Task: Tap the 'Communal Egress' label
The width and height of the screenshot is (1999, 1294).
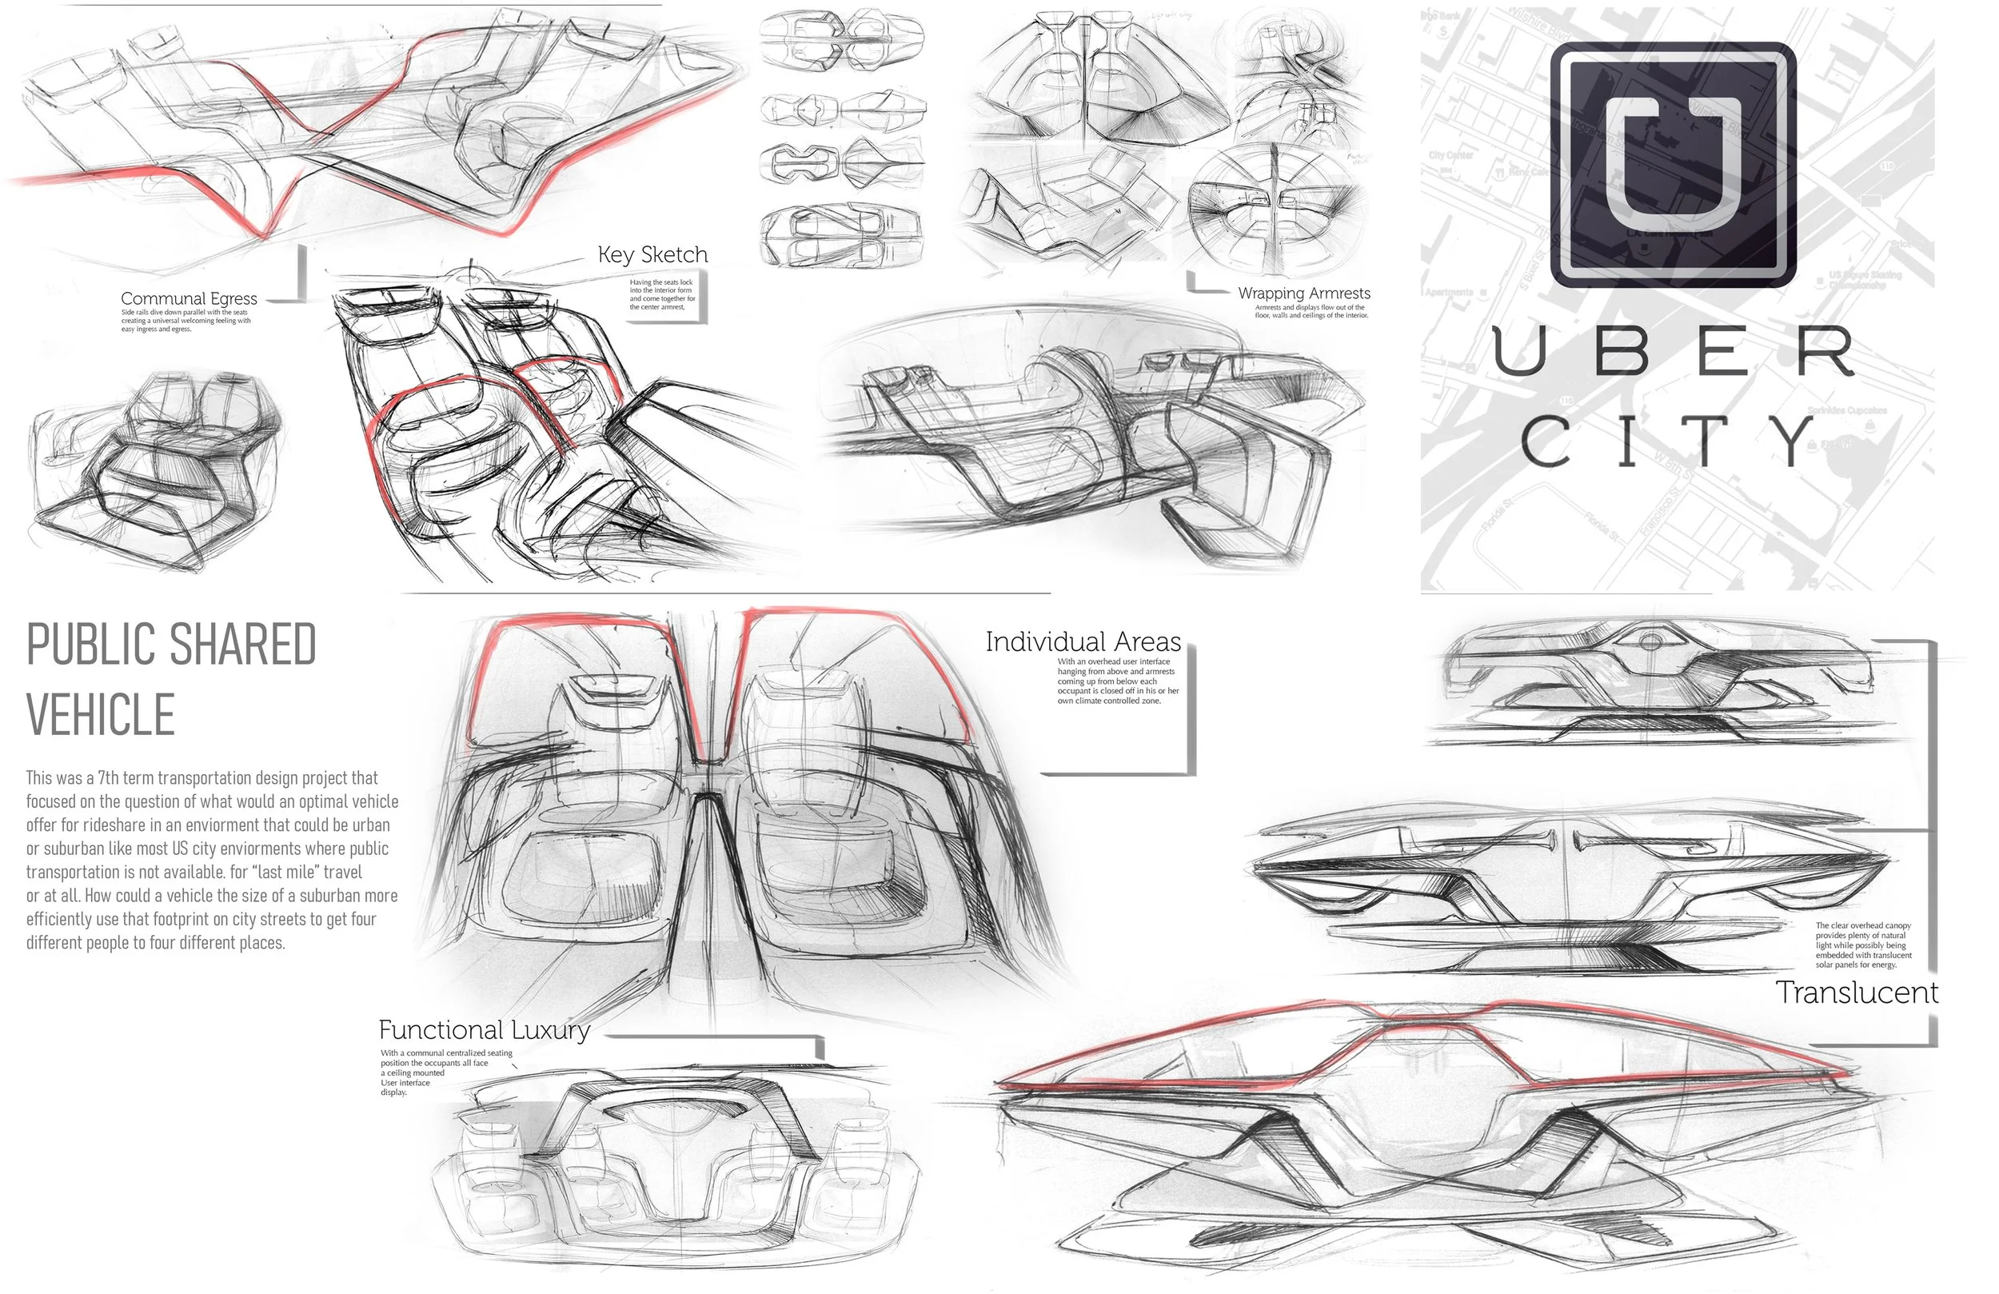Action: pyautogui.click(x=189, y=298)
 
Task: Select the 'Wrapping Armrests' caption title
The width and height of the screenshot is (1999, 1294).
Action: pyautogui.click(x=1303, y=294)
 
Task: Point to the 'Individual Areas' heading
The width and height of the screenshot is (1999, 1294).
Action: pyautogui.click(x=1083, y=642)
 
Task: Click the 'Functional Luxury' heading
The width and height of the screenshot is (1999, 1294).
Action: pyautogui.click(x=484, y=1029)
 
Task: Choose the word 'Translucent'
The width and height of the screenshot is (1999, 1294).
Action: pyautogui.click(x=1856, y=992)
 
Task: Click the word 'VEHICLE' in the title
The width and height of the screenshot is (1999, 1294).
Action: pyautogui.click(x=101, y=715)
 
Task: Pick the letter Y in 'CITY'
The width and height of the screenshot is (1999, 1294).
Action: pyautogui.click(x=1794, y=441)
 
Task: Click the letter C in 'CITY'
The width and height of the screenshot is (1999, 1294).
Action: pyautogui.click(x=1546, y=441)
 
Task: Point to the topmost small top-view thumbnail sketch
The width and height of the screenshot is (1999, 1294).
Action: pyautogui.click(x=842, y=38)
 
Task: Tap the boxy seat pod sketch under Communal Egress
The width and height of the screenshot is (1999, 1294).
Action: pyautogui.click(x=155, y=470)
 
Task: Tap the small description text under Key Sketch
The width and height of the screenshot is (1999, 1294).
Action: pyautogui.click(x=663, y=295)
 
